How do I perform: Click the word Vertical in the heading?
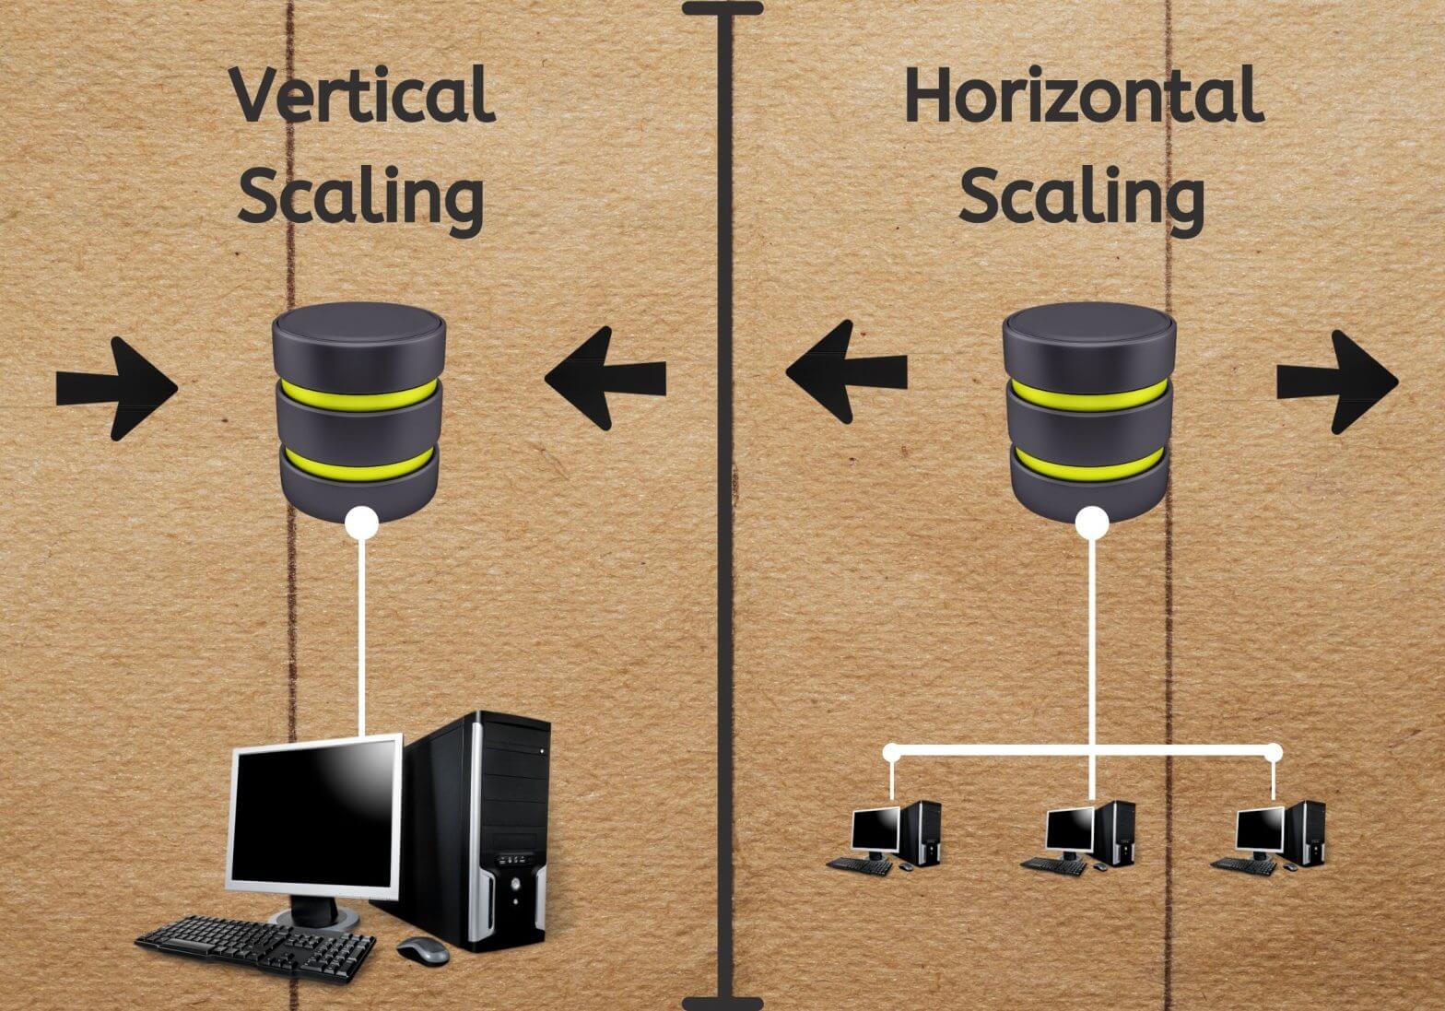coord(362,95)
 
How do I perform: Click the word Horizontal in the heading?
coord(1084,94)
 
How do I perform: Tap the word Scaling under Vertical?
coord(361,194)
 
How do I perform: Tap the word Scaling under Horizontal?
coord(1081,194)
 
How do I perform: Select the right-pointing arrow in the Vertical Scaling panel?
coord(117,388)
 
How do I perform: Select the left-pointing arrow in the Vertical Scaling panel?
coord(605,378)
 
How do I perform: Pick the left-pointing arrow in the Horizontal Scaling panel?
coord(846,371)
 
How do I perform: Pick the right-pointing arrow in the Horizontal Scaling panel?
coord(1338,382)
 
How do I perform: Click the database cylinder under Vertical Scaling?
coord(358,412)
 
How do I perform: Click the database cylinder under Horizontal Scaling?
coord(1089,412)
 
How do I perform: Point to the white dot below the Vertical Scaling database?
coord(361,523)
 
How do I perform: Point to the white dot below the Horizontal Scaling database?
coord(1092,523)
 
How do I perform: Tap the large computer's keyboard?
coord(255,947)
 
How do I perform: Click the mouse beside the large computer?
coord(422,950)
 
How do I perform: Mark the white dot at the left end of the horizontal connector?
coord(891,752)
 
